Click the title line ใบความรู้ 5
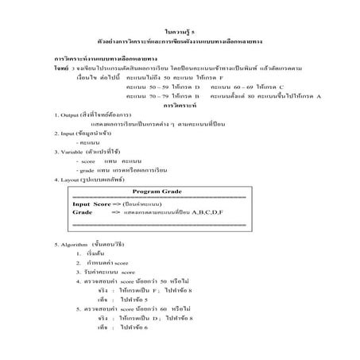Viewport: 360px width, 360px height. pyautogui.click(x=180, y=29)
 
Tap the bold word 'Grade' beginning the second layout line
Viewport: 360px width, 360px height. pyautogui.click(x=82, y=213)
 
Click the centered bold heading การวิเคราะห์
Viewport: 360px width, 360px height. pyautogui.click(x=179, y=104)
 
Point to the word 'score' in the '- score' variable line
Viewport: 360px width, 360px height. pyautogui.click(x=87, y=161)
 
